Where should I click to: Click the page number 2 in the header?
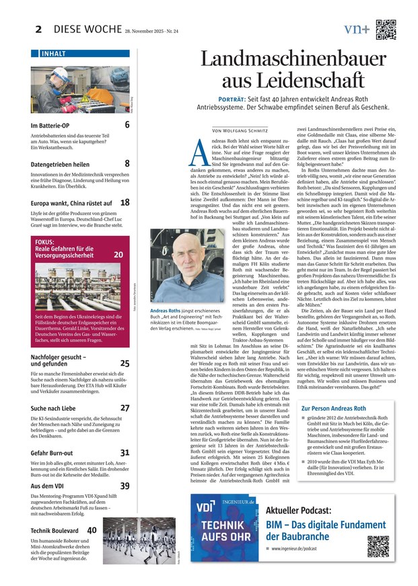click(38, 29)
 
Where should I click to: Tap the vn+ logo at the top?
click(356, 29)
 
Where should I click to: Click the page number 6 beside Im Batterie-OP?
click(127, 124)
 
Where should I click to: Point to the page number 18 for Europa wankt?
click(125, 202)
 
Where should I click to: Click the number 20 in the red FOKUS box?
click(118, 255)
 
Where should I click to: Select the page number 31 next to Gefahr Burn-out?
click(125, 452)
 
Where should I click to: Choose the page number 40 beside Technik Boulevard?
click(92, 530)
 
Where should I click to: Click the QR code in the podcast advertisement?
click(378, 546)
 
